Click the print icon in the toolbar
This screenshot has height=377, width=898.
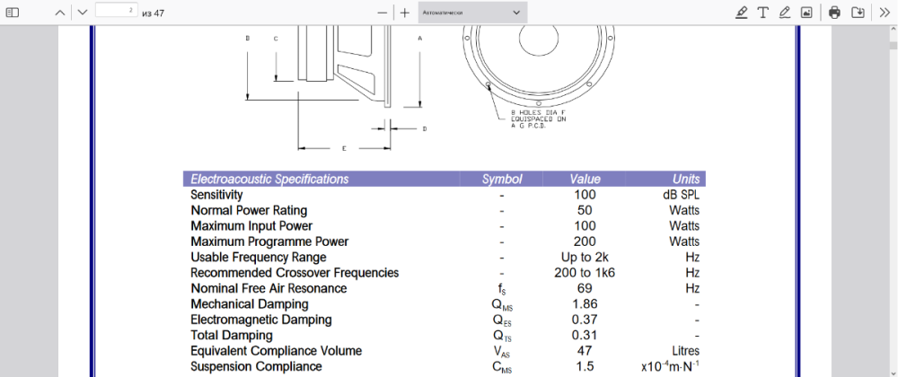point(834,13)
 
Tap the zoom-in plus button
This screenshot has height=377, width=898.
point(405,13)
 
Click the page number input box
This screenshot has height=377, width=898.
point(116,12)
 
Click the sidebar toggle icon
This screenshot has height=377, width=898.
point(13,13)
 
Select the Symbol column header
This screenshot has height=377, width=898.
point(501,180)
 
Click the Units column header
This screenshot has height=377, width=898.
point(685,180)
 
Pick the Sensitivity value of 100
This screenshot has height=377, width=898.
point(585,195)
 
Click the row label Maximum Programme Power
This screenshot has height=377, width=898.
point(269,241)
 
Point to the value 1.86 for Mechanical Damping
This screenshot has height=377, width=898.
point(585,304)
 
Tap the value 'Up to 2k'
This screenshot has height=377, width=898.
point(585,258)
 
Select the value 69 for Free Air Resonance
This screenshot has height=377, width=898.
point(585,289)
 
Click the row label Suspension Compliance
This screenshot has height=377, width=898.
point(256,366)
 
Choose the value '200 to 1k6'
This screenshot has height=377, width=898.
point(585,273)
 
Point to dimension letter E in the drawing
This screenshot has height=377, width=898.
point(344,148)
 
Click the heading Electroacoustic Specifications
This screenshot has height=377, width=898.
point(269,180)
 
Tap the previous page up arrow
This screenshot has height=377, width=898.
point(59,13)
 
